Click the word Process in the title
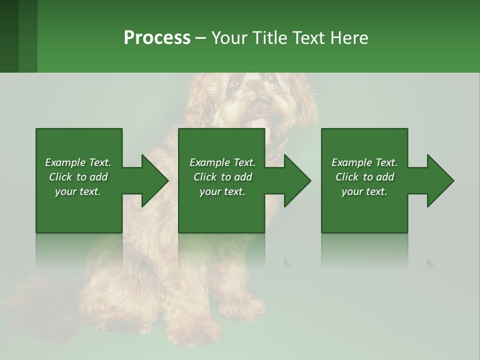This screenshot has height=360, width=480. [x=157, y=38]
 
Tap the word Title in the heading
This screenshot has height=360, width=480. [x=268, y=38]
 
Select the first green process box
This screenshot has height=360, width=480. [x=78, y=210]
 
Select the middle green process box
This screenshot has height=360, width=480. [x=221, y=210]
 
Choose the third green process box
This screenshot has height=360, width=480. [x=364, y=210]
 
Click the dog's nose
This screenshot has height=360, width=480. [x=258, y=104]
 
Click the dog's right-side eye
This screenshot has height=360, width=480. [x=268, y=77]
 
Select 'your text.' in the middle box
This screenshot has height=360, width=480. [x=222, y=192]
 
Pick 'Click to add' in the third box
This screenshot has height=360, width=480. [x=364, y=177]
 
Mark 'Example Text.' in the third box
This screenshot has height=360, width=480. [x=364, y=162]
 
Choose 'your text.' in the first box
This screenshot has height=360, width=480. [x=77, y=192]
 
